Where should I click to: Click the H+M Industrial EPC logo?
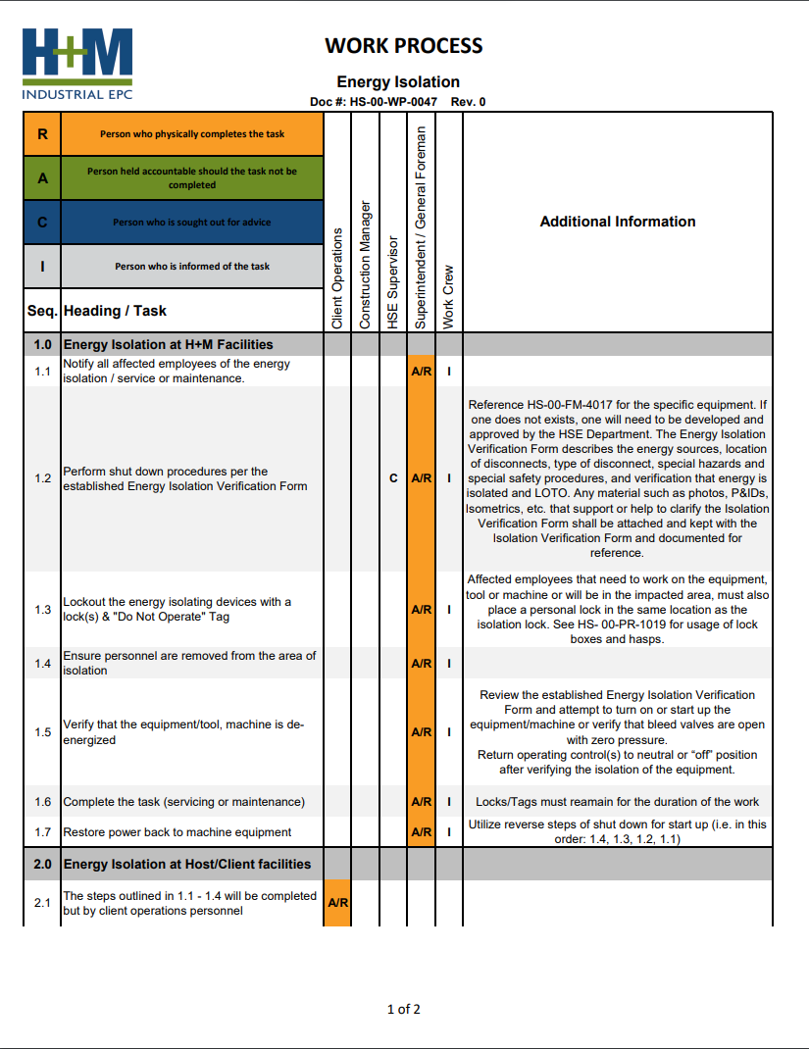pyautogui.click(x=77, y=64)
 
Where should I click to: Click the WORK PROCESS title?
pyautogui.click(x=403, y=46)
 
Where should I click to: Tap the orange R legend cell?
pyautogui.click(x=42, y=134)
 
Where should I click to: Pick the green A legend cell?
pyautogui.click(x=42, y=177)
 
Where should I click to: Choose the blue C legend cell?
pyautogui.click(x=42, y=222)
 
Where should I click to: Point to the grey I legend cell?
pyautogui.click(x=42, y=266)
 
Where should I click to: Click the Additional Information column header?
pyautogui.click(x=617, y=222)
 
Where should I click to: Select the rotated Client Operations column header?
pyautogui.click(x=337, y=278)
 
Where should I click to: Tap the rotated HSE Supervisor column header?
pyautogui.click(x=392, y=281)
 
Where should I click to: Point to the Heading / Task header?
pyautogui.click(x=115, y=311)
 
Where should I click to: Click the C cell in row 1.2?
pyautogui.click(x=393, y=478)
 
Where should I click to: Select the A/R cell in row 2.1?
pyautogui.click(x=336, y=903)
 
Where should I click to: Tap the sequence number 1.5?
pyautogui.click(x=42, y=732)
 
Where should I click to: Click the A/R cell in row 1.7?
pyautogui.click(x=421, y=832)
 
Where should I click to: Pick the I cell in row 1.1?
pyautogui.click(x=448, y=372)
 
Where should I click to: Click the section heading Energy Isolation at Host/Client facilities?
pyautogui.click(x=186, y=864)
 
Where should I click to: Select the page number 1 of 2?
pyautogui.click(x=404, y=1009)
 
